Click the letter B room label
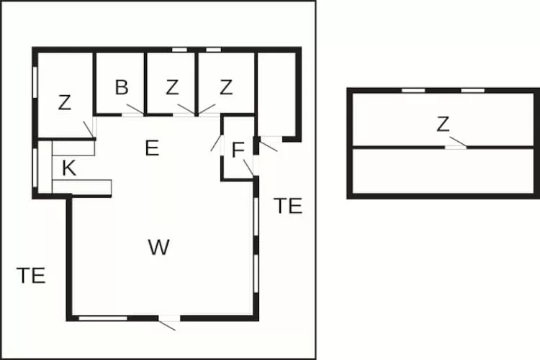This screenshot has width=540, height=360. click(122, 87)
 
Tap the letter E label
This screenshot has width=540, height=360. click(152, 148)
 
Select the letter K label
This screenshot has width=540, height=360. click(69, 168)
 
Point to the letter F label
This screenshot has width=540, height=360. click(238, 150)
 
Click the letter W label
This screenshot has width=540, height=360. click(159, 247)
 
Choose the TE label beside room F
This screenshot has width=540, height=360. click(288, 206)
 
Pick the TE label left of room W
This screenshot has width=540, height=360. click(31, 276)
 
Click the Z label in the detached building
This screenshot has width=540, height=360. click(443, 125)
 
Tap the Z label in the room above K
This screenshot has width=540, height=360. click(64, 102)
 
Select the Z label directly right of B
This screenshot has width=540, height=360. click(172, 87)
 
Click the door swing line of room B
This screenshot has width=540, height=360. click(135, 109)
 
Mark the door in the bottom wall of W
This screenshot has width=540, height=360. click(169, 318)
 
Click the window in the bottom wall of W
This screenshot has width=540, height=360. click(103, 318)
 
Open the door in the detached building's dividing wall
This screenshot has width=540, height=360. click(456, 148)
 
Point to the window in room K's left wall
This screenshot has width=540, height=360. click(35, 168)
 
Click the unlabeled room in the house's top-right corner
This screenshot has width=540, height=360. click(276, 94)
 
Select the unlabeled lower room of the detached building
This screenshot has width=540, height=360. click(443, 171)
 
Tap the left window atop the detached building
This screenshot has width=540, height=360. click(413, 91)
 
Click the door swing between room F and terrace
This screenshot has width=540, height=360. click(248, 168)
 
